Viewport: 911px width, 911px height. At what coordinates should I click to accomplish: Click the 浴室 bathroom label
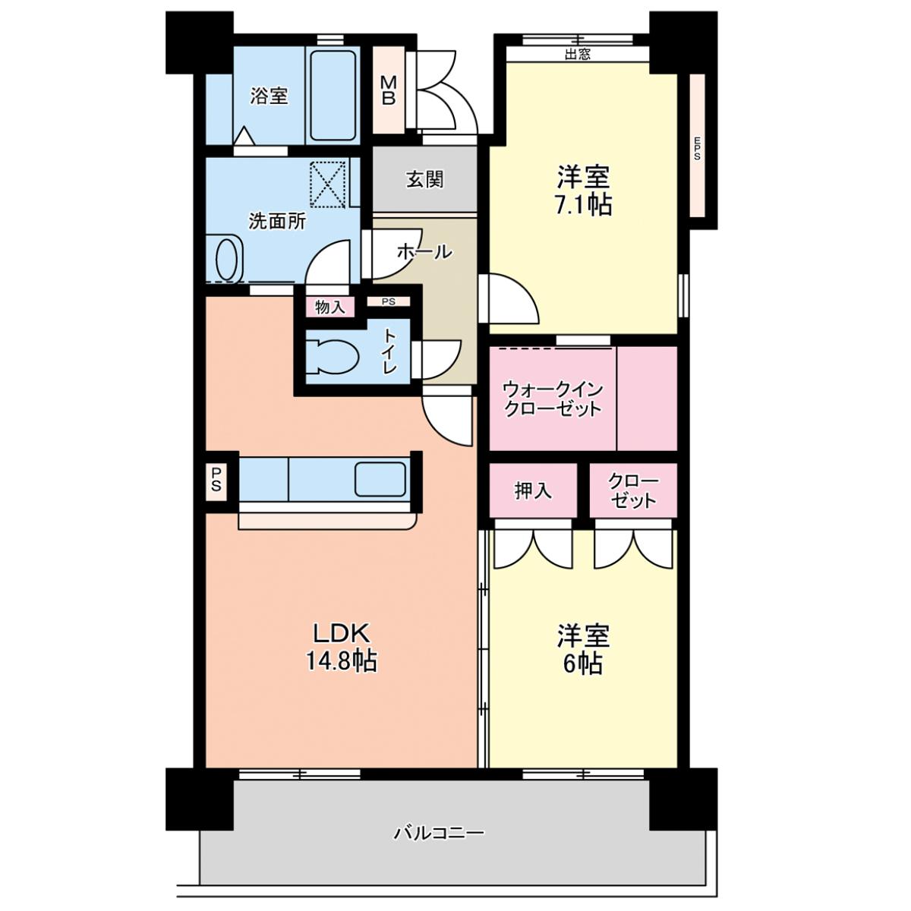coord(269,96)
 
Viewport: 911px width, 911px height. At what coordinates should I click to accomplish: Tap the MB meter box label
coord(389,90)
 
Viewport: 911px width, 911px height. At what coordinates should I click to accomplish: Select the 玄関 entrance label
coord(424,180)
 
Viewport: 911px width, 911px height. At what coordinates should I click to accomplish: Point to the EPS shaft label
coord(697,149)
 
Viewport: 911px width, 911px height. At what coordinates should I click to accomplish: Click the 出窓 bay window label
coord(577,54)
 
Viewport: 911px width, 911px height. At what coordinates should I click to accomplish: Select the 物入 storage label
coord(330,307)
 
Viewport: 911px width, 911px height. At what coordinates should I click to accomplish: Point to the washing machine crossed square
coord(329,184)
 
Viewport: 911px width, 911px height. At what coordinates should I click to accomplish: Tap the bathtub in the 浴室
coord(333,95)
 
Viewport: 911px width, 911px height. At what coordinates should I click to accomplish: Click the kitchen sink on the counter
coord(380,479)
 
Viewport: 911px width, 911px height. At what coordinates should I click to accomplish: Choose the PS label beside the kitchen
coord(216,480)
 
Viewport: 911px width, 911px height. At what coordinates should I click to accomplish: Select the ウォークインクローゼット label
coord(553,399)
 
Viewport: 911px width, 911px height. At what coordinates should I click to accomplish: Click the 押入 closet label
coord(533,490)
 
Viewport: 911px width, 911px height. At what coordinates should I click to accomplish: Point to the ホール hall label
coord(424,252)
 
